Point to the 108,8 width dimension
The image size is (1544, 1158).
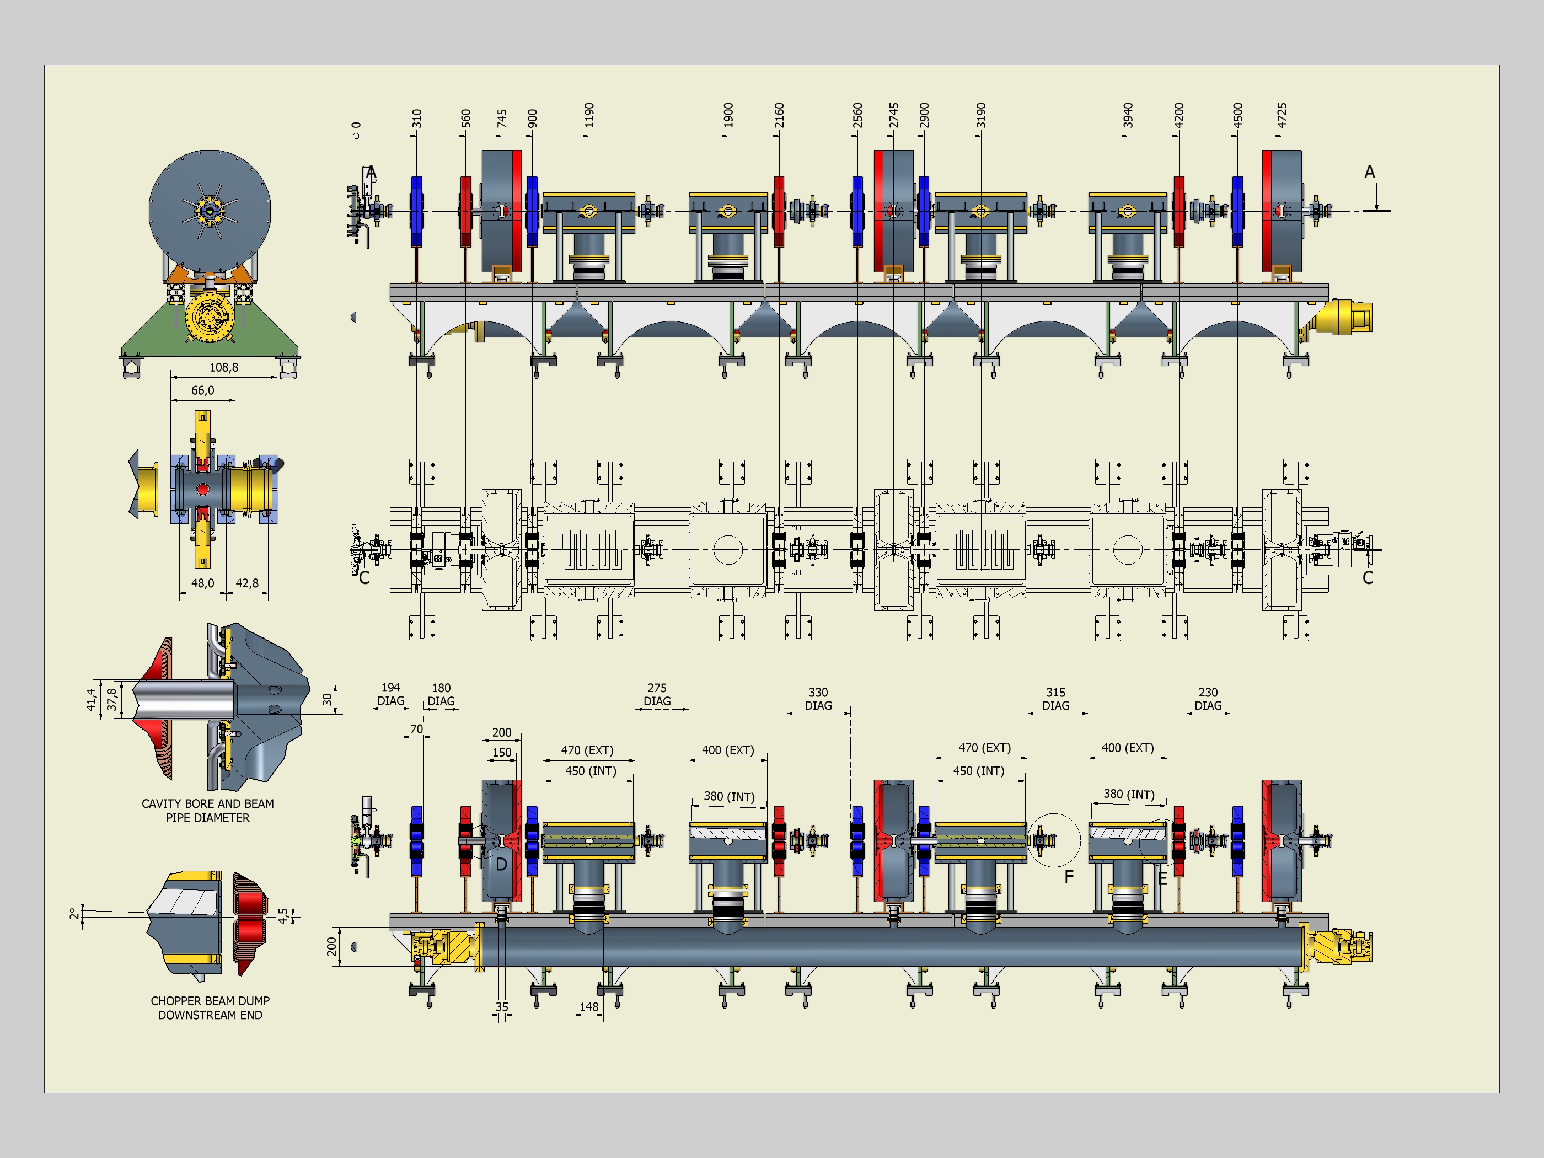(224, 367)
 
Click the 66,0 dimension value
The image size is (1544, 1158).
(202, 390)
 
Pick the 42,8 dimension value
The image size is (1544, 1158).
(247, 583)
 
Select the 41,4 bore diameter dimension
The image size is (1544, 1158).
(91, 699)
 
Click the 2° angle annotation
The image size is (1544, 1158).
(74, 914)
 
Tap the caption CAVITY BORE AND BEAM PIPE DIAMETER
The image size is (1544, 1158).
(208, 811)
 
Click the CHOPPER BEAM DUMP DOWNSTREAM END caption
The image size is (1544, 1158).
(210, 1007)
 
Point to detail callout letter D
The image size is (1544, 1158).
(501, 864)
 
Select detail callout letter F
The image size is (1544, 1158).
(1069, 877)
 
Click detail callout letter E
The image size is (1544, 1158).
(1162, 879)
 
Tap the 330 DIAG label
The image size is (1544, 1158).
(818, 699)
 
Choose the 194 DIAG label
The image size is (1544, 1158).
(391, 694)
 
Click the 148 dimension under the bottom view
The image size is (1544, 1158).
(589, 1006)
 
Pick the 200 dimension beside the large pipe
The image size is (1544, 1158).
(331, 946)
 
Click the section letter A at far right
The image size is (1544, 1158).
(1370, 171)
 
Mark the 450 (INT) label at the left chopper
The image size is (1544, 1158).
(591, 770)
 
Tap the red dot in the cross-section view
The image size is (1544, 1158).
(202, 489)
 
